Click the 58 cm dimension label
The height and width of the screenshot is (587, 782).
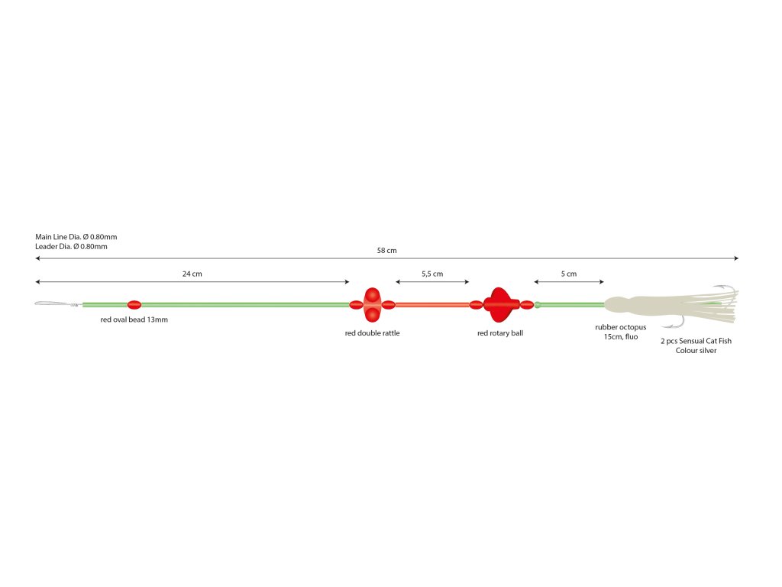point(386,251)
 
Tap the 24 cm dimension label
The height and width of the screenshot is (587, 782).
point(192,274)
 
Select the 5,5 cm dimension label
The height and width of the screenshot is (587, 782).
point(432,274)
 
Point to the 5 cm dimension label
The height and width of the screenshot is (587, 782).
point(568,274)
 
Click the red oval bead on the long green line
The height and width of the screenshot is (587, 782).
point(134,305)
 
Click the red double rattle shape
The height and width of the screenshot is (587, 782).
point(372,305)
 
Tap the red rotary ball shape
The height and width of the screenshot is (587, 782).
point(500,305)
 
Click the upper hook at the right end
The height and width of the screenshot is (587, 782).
point(729,290)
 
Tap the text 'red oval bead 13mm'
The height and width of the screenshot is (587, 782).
point(134,320)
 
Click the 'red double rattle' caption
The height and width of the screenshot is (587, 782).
point(372,333)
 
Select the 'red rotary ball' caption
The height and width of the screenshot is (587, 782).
point(500,333)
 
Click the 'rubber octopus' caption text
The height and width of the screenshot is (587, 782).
point(620,327)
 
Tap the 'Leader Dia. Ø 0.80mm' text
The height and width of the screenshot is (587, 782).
point(71,246)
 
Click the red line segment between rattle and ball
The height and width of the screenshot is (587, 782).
point(432,305)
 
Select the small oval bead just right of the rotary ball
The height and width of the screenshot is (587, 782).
point(526,305)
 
